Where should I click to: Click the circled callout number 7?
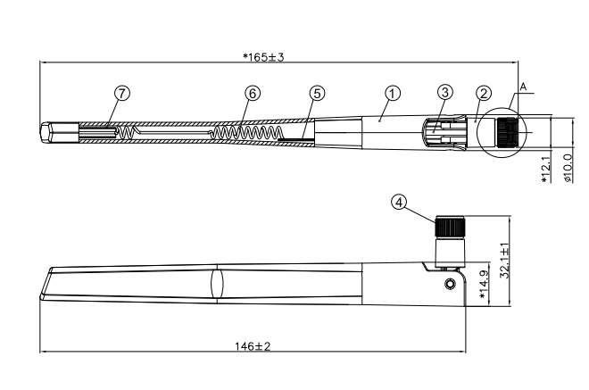click(122, 93)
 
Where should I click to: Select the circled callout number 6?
click(253, 93)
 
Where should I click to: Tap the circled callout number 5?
click(317, 93)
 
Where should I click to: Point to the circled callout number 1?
click(393, 93)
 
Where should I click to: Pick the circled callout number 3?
click(445, 92)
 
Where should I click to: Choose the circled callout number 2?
click(484, 93)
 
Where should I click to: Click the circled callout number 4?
click(399, 202)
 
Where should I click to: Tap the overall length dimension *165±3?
click(263, 57)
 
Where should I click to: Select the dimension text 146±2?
click(253, 346)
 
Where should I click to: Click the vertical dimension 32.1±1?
click(505, 261)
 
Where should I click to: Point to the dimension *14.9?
click(485, 285)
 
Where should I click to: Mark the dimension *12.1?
click(545, 168)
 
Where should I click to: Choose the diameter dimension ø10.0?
click(568, 168)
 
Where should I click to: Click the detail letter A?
click(523, 87)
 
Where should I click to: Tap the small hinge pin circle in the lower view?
click(450, 284)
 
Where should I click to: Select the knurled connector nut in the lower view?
click(450, 227)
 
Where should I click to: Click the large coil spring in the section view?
click(248, 132)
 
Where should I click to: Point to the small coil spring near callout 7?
click(127, 132)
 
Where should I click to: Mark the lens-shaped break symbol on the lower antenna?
click(217, 283)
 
